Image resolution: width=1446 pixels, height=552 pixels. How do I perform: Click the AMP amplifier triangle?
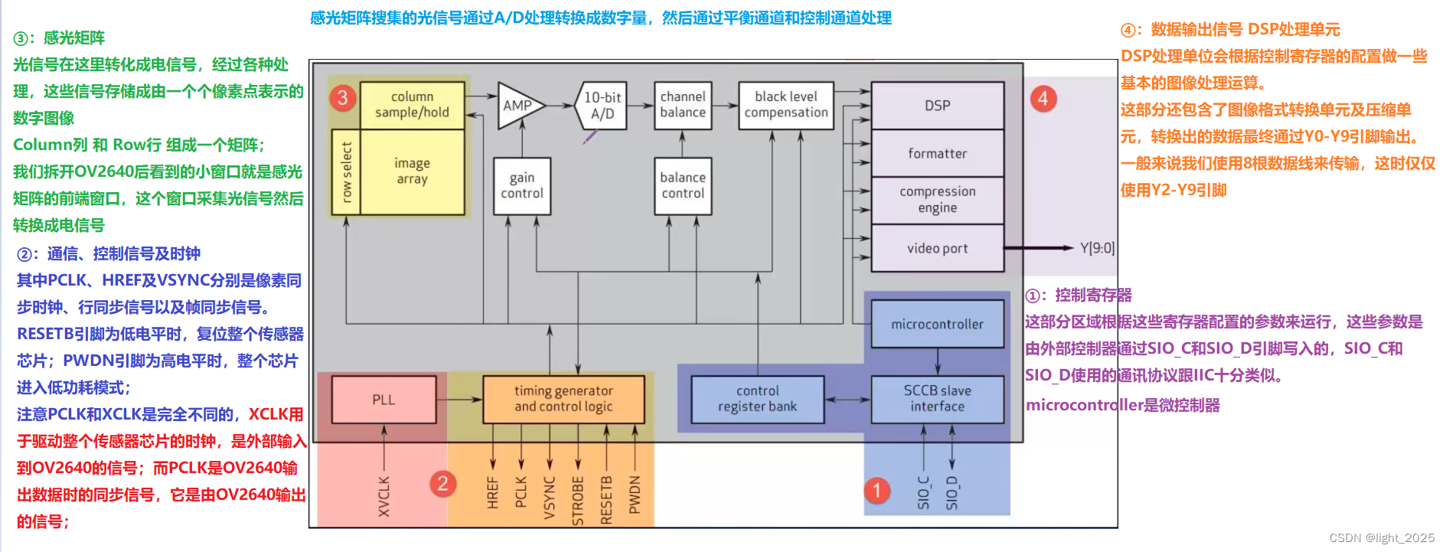(x=518, y=106)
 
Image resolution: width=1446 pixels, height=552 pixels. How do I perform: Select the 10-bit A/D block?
(x=602, y=106)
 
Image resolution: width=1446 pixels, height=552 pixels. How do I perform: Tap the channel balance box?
(x=683, y=105)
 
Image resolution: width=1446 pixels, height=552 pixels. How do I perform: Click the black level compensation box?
(x=785, y=105)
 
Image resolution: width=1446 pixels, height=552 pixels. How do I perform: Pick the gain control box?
(x=522, y=185)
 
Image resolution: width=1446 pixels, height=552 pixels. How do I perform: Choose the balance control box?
(x=683, y=185)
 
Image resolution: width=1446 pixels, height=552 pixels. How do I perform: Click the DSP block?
(x=937, y=106)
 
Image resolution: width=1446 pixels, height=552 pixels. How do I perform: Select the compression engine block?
(x=937, y=200)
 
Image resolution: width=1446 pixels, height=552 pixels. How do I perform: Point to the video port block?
(x=937, y=248)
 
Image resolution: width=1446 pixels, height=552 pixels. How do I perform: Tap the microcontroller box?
(x=937, y=324)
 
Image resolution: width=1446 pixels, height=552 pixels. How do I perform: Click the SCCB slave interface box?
(x=937, y=398)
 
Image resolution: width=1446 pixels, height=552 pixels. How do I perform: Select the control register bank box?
(x=757, y=398)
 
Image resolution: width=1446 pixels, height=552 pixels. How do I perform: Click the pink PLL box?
(x=384, y=399)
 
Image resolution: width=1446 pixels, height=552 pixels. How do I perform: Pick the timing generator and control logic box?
(x=563, y=398)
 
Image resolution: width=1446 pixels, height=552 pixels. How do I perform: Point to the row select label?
(x=346, y=172)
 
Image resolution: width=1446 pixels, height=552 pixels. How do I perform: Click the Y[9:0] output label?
(x=1097, y=248)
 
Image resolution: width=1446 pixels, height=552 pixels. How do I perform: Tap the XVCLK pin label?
(x=384, y=496)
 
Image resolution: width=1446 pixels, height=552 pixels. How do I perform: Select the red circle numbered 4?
(x=1043, y=99)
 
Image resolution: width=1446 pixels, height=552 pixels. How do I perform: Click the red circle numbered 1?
(x=877, y=491)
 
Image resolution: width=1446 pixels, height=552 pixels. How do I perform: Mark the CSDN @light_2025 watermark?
(x=1382, y=538)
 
